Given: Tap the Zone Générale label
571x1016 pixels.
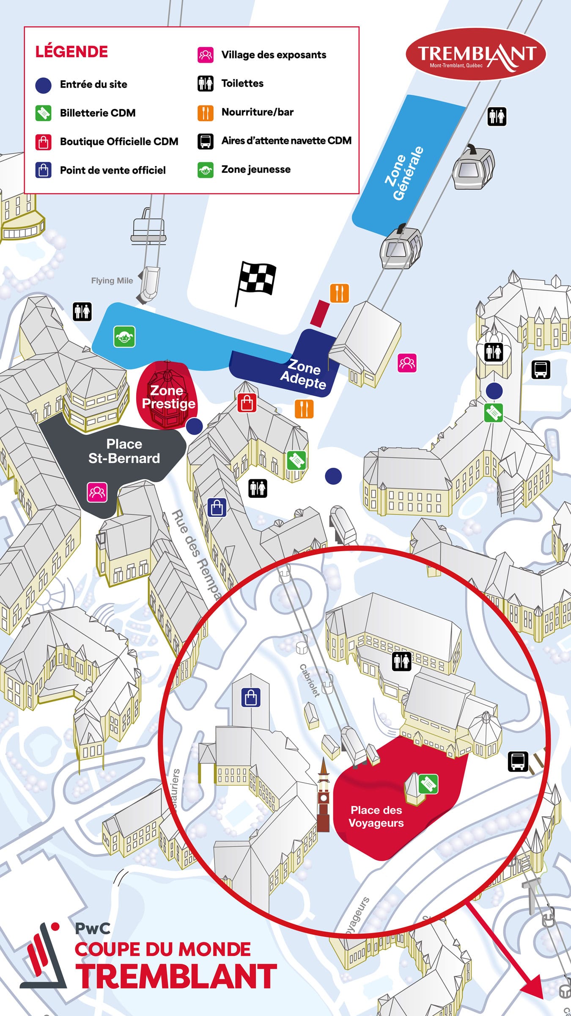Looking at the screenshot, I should tap(404, 174).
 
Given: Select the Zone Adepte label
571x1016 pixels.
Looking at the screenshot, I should tap(303, 373).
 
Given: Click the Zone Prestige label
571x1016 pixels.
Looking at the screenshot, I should tap(168, 397).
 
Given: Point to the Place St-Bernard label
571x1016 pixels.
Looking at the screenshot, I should tap(124, 451).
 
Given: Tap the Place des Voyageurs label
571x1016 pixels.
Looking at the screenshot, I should tap(376, 816).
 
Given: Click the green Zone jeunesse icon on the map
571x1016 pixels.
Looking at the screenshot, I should tap(124, 337).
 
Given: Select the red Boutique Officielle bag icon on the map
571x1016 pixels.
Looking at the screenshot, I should tap(247, 403).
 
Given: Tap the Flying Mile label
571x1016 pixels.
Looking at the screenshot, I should tap(112, 281).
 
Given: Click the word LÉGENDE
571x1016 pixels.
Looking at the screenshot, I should tap(71, 52).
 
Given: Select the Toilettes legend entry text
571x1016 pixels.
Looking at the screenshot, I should tap(242, 83).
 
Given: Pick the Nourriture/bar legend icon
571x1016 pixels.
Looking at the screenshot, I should tap(205, 113).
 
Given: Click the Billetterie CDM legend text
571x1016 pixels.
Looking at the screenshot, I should tap(98, 113).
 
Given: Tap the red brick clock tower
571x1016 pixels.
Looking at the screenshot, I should tap(324, 796).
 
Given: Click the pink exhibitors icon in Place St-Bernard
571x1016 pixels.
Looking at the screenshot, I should tap(97, 492).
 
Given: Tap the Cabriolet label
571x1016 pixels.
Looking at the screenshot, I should tap(310, 680).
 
